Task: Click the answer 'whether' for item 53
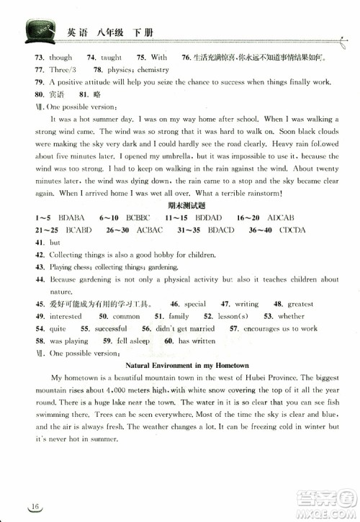(290, 316)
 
